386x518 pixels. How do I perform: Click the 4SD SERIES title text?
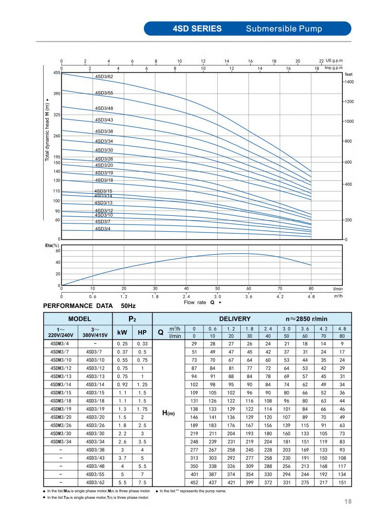(197, 29)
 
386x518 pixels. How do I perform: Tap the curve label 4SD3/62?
(104, 77)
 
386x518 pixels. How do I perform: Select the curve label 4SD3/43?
(104, 120)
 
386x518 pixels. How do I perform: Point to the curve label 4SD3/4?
(103, 229)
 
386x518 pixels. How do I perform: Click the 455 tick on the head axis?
(57, 72)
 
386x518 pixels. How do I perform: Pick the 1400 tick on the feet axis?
(349, 82)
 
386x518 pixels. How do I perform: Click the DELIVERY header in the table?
(235, 318)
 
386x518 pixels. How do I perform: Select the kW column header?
(122, 332)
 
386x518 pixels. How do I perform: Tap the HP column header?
(142, 332)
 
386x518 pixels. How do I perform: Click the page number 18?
(348, 502)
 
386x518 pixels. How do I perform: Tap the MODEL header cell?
(78, 318)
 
